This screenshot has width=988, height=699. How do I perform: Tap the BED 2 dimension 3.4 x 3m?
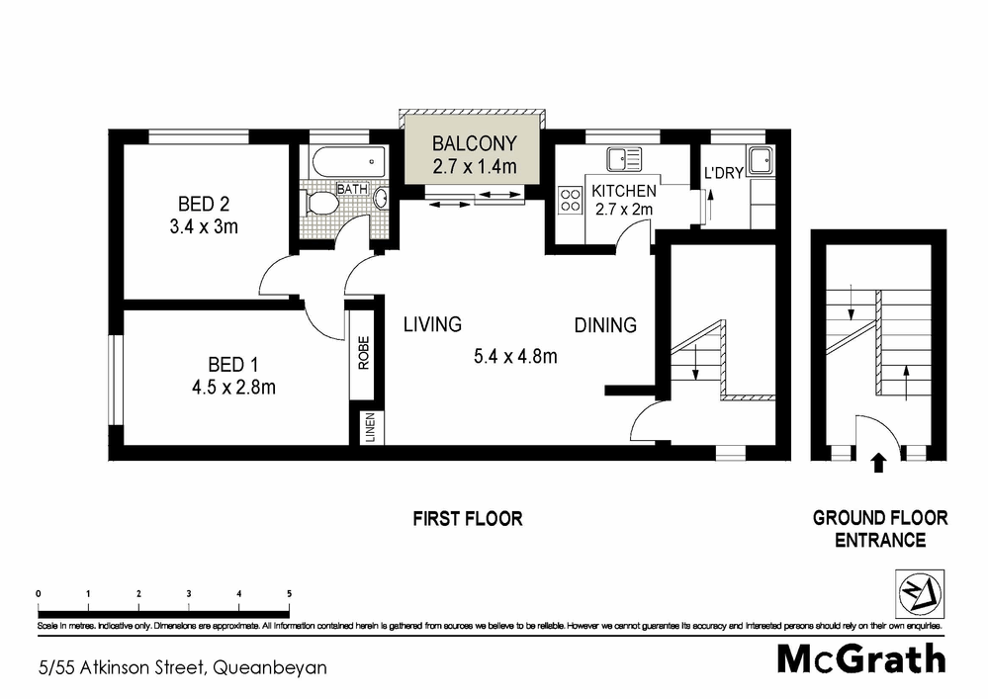click(204, 226)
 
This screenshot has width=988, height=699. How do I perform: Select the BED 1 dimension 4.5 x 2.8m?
click(234, 387)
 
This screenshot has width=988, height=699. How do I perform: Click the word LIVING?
click(432, 324)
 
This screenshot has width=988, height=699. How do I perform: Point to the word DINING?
click(606, 324)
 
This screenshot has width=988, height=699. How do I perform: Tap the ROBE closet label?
click(363, 353)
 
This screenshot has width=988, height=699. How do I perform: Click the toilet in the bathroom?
click(321, 203)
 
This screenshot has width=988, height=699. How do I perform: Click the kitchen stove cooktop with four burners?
click(571, 201)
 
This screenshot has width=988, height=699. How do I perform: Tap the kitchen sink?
click(624, 157)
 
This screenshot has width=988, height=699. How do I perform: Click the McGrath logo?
click(860, 658)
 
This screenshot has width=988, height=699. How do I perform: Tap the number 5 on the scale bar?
click(289, 593)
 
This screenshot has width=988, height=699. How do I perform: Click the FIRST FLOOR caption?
click(467, 518)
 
